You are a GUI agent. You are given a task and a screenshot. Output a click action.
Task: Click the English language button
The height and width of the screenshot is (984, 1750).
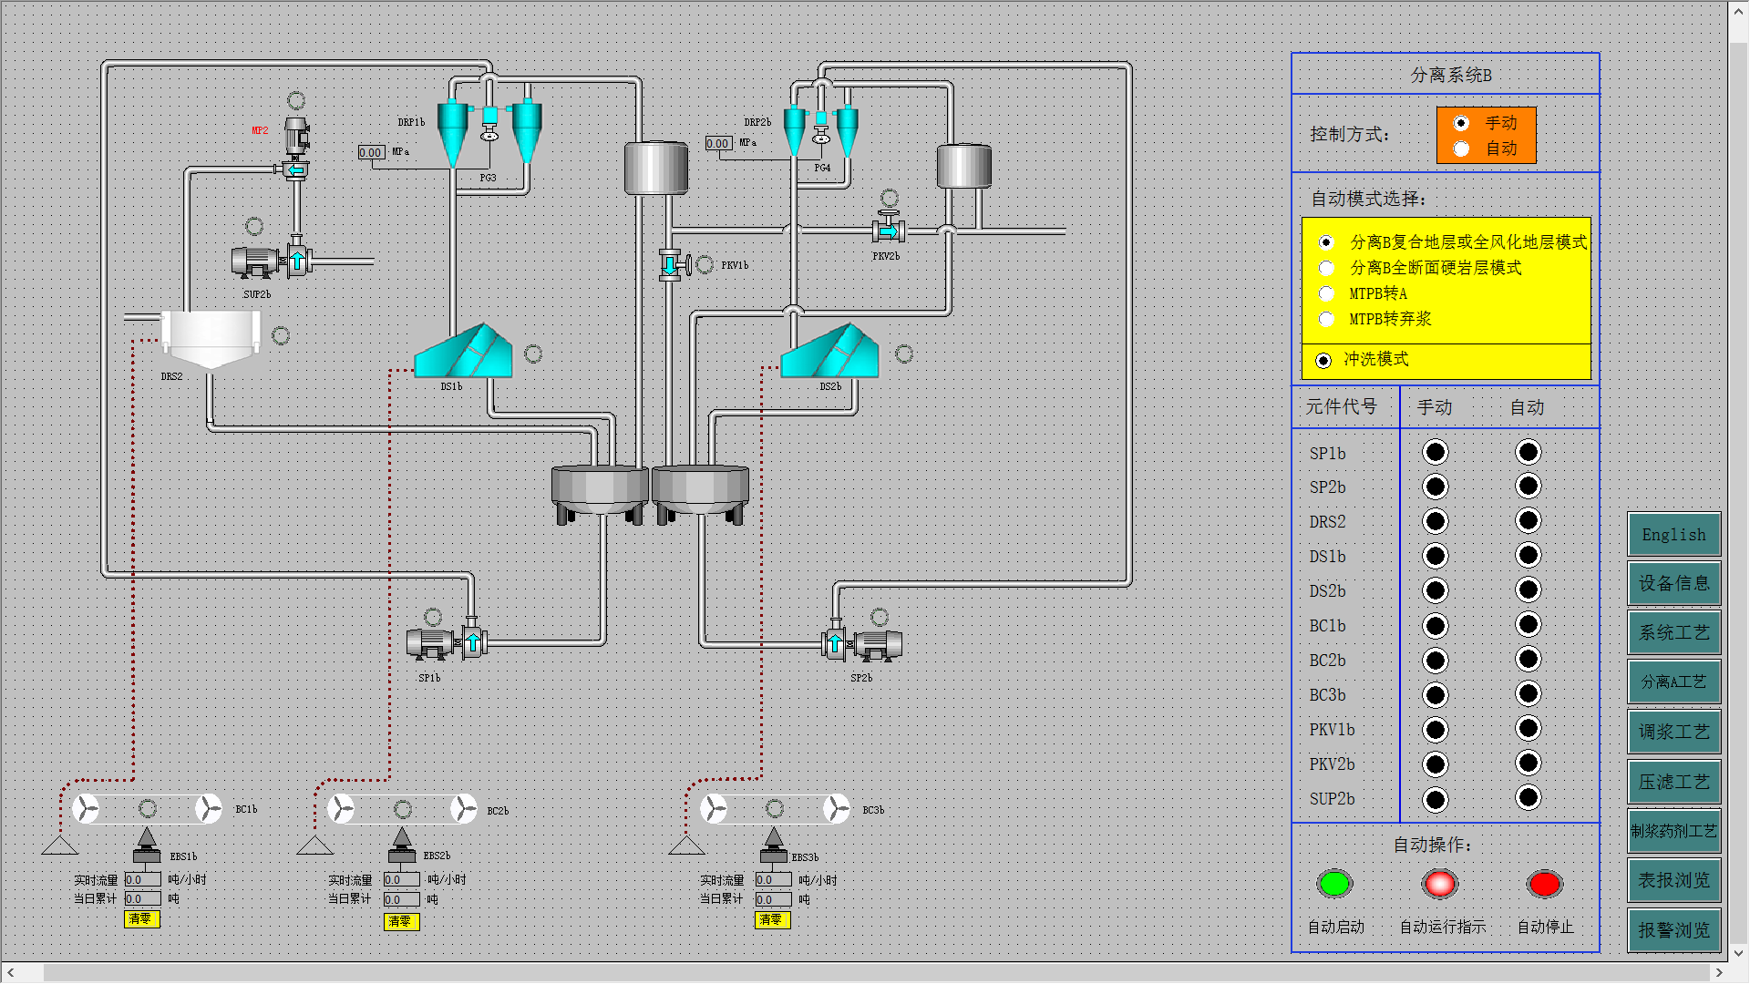(x=1673, y=535)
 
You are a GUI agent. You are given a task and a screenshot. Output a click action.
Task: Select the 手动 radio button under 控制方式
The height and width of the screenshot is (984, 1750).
(x=1461, y=123)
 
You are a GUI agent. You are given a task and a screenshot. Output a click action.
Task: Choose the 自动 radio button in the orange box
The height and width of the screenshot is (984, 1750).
(x=1461, y=149)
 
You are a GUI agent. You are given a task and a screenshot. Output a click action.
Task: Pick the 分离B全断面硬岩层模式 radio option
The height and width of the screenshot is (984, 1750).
(x=1326, y=268)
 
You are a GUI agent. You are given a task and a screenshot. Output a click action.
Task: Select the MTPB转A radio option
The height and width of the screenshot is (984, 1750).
(x=1326, y=293)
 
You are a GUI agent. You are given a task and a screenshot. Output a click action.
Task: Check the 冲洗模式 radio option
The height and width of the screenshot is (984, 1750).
(x=1323, y=361)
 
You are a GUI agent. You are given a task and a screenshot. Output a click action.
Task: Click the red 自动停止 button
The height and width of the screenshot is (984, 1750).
(x=1545, y=884)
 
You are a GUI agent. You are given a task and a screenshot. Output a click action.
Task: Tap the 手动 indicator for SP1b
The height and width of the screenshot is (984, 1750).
(x=1435, y=452)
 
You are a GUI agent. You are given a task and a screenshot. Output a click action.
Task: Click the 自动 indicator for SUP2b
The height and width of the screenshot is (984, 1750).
(x=1528, y=798)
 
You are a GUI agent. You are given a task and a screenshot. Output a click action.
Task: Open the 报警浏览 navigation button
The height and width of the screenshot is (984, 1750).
(x=1673, y=930)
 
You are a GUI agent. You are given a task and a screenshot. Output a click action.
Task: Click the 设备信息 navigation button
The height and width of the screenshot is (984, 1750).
(x=1673, y=584)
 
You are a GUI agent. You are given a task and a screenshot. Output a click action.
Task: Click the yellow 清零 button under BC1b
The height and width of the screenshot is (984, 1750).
(x=141, y=919)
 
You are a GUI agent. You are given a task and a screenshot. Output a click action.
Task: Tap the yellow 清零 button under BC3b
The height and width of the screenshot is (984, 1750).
(x=772, y=920)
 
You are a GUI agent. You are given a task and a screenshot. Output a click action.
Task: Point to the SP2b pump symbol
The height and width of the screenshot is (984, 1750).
(x=861, y=643)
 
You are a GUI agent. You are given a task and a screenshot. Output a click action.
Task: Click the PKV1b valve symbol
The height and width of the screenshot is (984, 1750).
(x=673, y=265)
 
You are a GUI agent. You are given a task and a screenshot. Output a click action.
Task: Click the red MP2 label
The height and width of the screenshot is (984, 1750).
(x=260, y=130)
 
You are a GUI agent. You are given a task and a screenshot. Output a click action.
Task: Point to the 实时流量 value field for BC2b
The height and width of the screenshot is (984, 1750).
(x=400, y=880)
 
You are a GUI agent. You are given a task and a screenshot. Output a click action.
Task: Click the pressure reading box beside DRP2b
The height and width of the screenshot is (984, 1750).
(x=718, y=143)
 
